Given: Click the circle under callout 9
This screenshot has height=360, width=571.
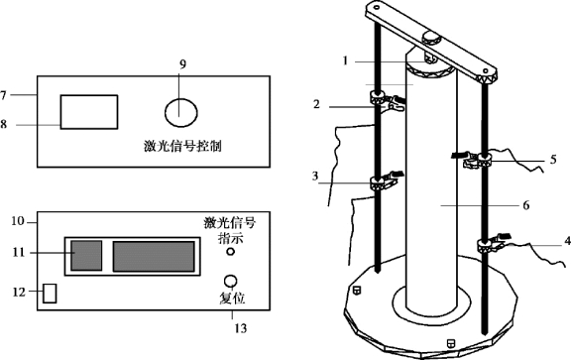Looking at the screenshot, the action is (181, 113).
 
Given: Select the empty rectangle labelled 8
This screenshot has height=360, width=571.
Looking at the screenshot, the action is (89, 112).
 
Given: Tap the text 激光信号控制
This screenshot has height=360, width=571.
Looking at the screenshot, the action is (182, 147).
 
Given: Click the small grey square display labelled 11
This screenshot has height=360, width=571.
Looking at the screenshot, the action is (86, 256).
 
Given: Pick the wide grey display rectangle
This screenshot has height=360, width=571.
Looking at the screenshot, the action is (154, 256).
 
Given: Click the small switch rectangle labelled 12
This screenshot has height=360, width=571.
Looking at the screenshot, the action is (50, 294).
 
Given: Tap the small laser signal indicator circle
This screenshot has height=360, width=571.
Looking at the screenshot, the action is (230, 252).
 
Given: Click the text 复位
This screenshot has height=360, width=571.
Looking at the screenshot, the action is (232, 299).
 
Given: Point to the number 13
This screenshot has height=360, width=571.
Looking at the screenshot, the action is (241, 328).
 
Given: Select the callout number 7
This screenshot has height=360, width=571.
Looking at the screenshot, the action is (3, 95).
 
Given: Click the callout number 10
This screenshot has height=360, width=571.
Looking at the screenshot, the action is (18, 221).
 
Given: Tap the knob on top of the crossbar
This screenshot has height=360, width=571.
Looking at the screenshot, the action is (431, 38).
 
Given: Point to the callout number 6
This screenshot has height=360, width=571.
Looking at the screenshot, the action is (525, 205).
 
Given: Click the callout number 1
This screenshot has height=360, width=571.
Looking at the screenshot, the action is (346, 60).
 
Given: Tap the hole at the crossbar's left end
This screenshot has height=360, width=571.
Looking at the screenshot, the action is (377, 7).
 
